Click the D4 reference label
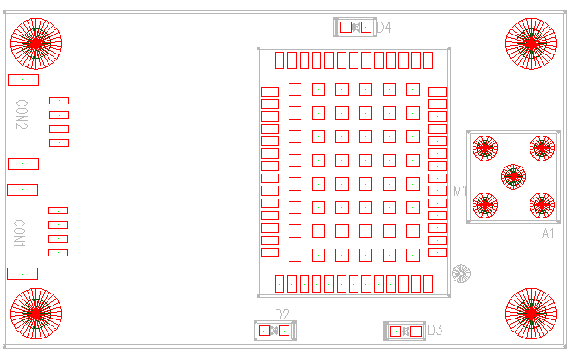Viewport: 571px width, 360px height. [384, 28]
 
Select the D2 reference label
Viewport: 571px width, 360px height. [282, 314]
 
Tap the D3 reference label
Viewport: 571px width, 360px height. [435, 330]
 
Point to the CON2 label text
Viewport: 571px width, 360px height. [22, 115]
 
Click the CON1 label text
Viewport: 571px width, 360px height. [20, 233]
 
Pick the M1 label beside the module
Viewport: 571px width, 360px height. [460, 191]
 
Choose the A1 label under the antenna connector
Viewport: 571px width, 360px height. [548, 234]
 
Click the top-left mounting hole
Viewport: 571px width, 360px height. [36, 43]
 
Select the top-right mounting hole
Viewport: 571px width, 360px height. [530, 41]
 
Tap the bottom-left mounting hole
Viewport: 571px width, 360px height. [36, 314]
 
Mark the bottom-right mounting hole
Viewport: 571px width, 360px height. [530, 314]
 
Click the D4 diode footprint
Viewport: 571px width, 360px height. [356, 28]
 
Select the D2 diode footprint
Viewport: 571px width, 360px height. [276, 330]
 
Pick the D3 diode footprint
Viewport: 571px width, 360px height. [404, 331]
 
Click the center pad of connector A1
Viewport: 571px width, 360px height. [513, 176]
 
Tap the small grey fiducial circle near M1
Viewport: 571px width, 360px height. [461, 274]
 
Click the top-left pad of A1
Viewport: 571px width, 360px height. [485, 148]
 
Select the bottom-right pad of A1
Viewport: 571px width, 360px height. [542, 205]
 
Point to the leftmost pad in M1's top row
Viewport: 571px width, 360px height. [280, 60]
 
